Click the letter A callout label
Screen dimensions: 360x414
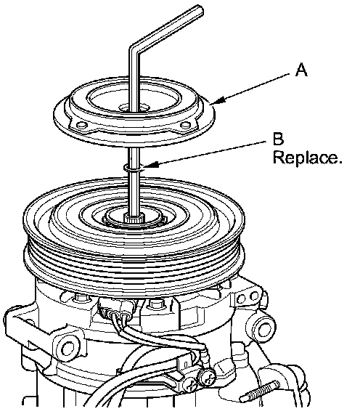tap(301, 70)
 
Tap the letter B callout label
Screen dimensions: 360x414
tap(278, 139)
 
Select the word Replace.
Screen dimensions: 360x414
tap(307, 158)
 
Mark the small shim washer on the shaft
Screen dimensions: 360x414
tap(134, 168)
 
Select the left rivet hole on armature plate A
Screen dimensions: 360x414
tap(81, 124)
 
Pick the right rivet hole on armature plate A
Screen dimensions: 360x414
tap(185, 124)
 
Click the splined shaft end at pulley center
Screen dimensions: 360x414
tap(134, 218)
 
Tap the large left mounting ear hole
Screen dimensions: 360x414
tap(68, 348)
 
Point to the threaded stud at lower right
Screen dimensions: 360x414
tap(259, 391)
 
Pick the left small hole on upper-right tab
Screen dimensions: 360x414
tap(241, 299)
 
